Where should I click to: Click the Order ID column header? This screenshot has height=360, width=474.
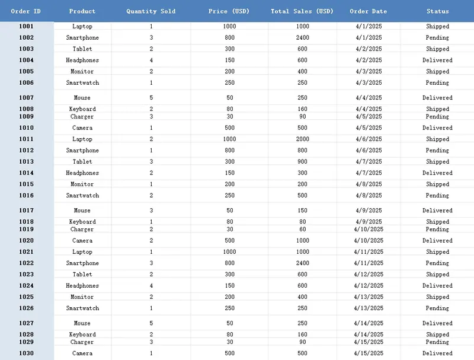coord(26,11)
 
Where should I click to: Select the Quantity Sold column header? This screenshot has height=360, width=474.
coord(151,11)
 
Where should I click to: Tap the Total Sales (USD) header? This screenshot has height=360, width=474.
coord(302,11)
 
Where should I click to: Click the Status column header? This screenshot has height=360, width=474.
coord(438,11)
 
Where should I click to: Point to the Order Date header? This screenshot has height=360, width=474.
coord(369,11)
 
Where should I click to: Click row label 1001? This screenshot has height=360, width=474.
coord(26,26)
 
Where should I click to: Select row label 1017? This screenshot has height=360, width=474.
coord(26,211)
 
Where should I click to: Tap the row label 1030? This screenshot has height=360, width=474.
coord(26,353)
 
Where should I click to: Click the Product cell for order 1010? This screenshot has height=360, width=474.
coord(82,128)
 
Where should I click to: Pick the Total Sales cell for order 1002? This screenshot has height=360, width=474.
coord(302,38)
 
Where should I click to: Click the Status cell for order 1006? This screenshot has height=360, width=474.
coord(438,83)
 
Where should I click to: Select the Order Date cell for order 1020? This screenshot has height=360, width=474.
coord(369,241)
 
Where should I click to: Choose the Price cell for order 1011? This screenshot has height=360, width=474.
coord(229,139)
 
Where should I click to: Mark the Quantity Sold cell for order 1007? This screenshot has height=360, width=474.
coord(151,98)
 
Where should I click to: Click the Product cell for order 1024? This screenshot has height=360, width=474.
coord(82,286)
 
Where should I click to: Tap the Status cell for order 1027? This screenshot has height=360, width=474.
coord(438,323)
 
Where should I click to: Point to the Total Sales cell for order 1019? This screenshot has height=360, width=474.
coord(302,230)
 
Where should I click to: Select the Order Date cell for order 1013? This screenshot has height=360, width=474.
coord(369,162)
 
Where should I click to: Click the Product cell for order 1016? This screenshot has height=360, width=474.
coord(82,196)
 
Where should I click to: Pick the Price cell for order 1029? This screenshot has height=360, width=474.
coord(229,342)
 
